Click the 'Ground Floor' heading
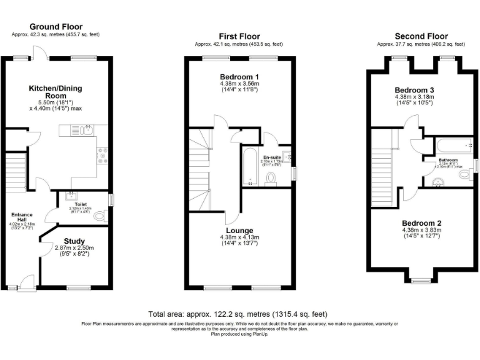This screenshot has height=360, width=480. click(56, 26)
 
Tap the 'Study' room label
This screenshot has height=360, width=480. click(76, 241)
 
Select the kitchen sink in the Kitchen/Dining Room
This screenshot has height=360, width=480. click(87, 131)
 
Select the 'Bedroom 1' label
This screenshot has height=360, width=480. click(239, 77)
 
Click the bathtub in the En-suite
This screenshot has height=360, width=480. click(250, 167)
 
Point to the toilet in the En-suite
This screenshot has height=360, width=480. click(271, 179)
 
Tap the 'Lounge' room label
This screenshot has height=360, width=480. click(239, 231)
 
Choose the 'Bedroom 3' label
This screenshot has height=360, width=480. click(414, 90)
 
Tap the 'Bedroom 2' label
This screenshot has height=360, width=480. click(422, 223)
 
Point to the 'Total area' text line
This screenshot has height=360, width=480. click(237, 314)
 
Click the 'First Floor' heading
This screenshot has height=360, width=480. click(239, 36)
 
